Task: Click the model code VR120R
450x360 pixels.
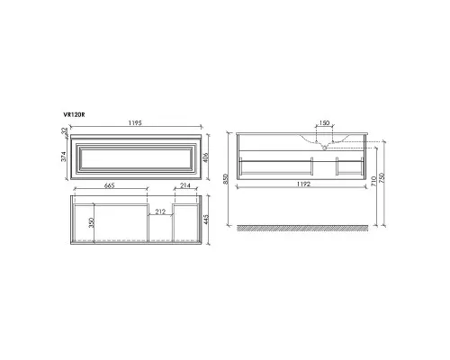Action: [x=74, y=114]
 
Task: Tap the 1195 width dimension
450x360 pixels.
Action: [x=135, y=122]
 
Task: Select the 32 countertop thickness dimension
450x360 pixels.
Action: [x=64, y=130]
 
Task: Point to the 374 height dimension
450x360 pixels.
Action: [x=64, y=157]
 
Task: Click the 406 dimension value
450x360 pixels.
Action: [x=205, y=157]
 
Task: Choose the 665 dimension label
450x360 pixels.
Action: [x=110, y=185]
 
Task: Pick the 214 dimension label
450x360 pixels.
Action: [x=185, y=185]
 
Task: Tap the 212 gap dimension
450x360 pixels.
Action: [x=160, y=211]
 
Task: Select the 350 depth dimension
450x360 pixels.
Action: [x=92, y=222]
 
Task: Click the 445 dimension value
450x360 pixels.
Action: [x=205, y=220]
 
